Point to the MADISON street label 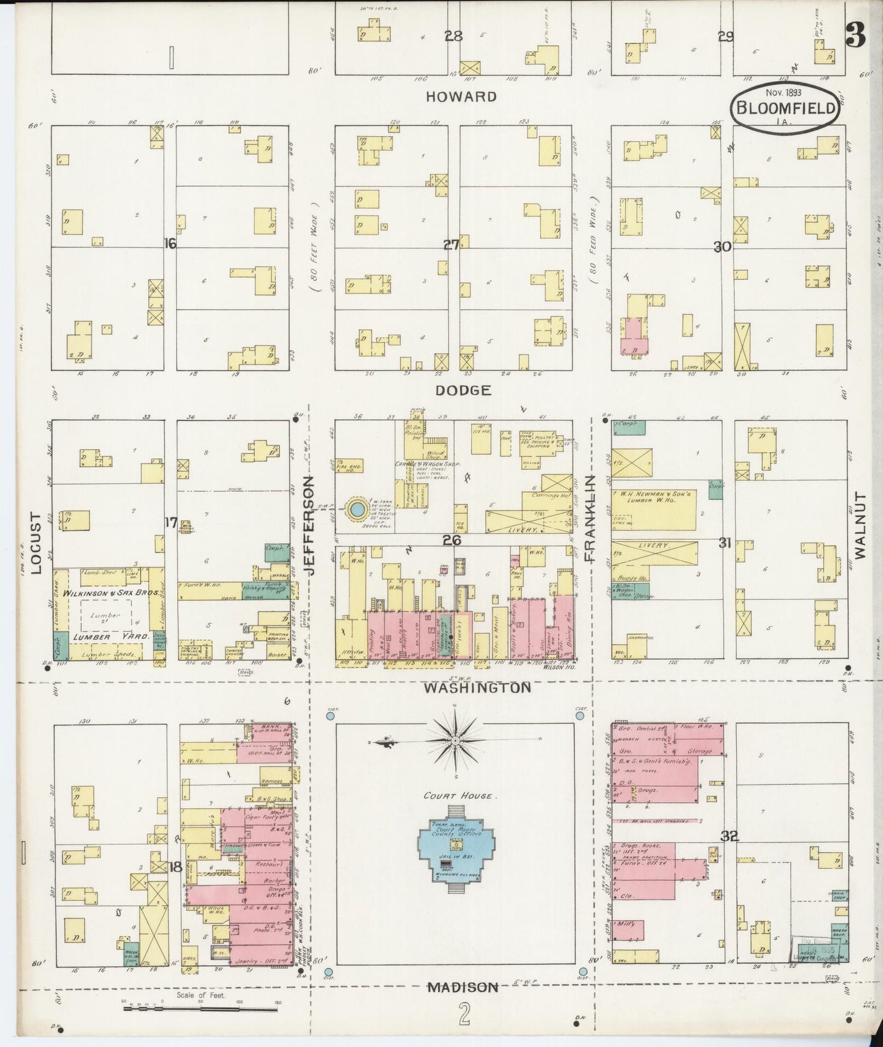tap(463, 987)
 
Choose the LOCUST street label tap(35, 543)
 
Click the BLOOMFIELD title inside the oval tap(785, 108)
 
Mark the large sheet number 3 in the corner tap(855, 37)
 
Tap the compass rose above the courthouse tap(455, 741)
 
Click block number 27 tap(451, 245)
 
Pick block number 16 tap(170, 244)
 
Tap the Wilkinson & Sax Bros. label tap(116, 593)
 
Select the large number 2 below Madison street tap(465, 1017)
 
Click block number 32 tap(729, 836)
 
